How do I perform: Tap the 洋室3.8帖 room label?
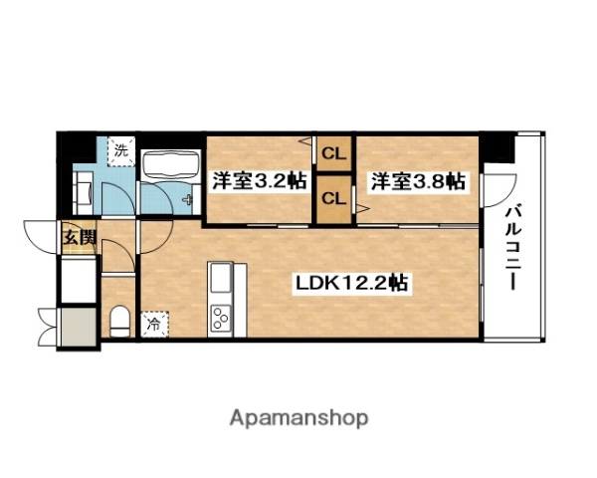point(419,181)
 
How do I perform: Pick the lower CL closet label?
point(333,196)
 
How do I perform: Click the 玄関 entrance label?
point(79,237)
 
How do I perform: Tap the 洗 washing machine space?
point(120,151)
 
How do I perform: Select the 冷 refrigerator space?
point(154,323)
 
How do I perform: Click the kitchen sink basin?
point(220,277)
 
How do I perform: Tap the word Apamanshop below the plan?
point(299,416)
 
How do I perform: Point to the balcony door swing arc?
point(501,188)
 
